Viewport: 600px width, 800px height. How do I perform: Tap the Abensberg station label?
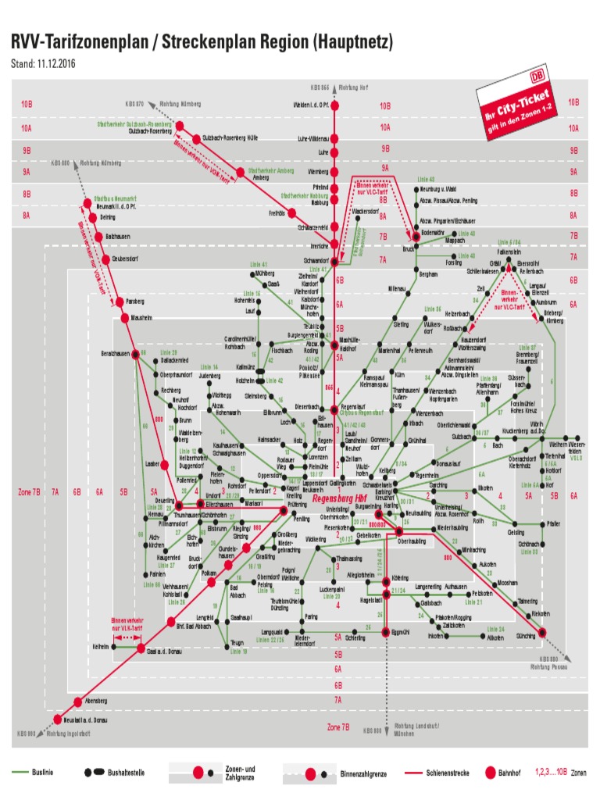[95, 701]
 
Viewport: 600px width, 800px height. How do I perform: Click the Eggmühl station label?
[401, 630]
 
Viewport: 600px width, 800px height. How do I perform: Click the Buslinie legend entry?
[43, 773]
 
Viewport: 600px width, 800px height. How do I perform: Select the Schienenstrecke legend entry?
[448, 773]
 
